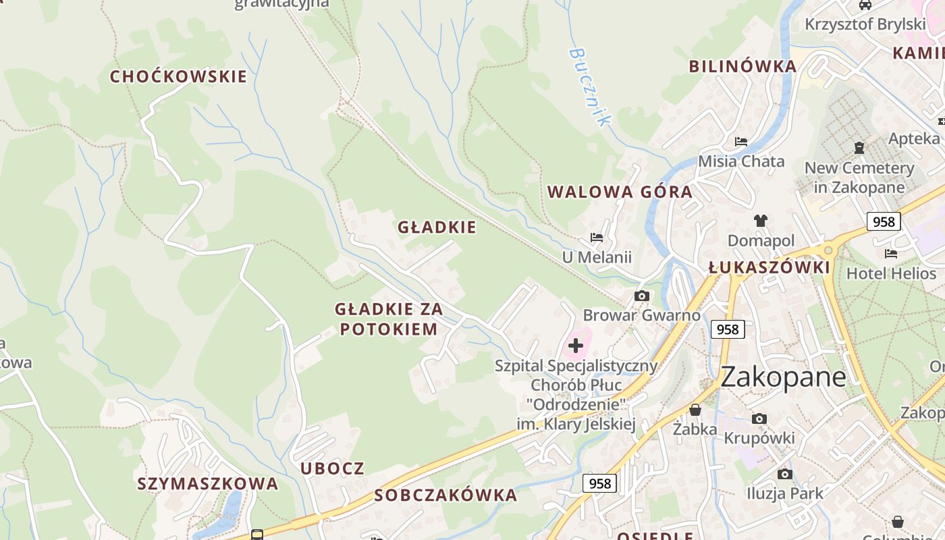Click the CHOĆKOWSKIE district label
click(178, 77)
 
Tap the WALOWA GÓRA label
click(620, 192)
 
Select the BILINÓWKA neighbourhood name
click(742, 66)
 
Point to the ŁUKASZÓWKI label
click(769, 267)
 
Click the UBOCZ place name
click(332, 468)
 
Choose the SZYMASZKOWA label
click(208, 483)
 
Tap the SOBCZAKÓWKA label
click(446, 495)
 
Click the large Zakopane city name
click(783, 377)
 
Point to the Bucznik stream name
click(589, 86)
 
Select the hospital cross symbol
click(575, 346)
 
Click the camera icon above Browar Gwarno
click(642, 296)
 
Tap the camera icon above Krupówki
click(759, 418)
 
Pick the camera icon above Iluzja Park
click(784, 474)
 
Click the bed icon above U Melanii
click(597, 238)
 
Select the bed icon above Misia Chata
click(741, 142)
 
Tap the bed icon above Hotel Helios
click(891, 254)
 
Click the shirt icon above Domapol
click(761, 220)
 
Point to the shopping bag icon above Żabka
click(695, 410)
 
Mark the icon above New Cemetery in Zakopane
click(859, 147)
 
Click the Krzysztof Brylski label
click(865, 24)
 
